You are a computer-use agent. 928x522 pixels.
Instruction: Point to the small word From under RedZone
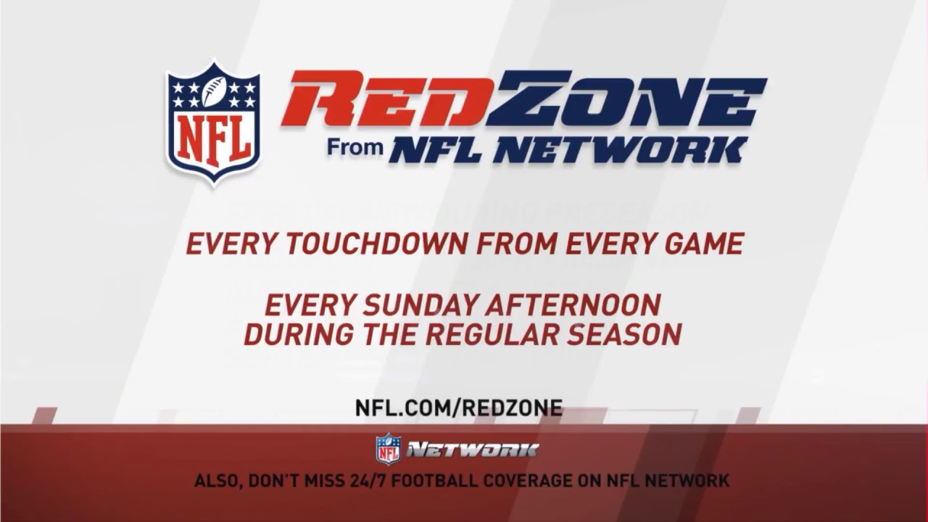355,147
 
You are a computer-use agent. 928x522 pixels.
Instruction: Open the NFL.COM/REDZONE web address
458,407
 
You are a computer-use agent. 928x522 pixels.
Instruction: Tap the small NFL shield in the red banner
388,449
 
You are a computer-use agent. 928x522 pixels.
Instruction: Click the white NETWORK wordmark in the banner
472,450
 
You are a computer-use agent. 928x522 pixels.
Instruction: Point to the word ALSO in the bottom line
217,481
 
